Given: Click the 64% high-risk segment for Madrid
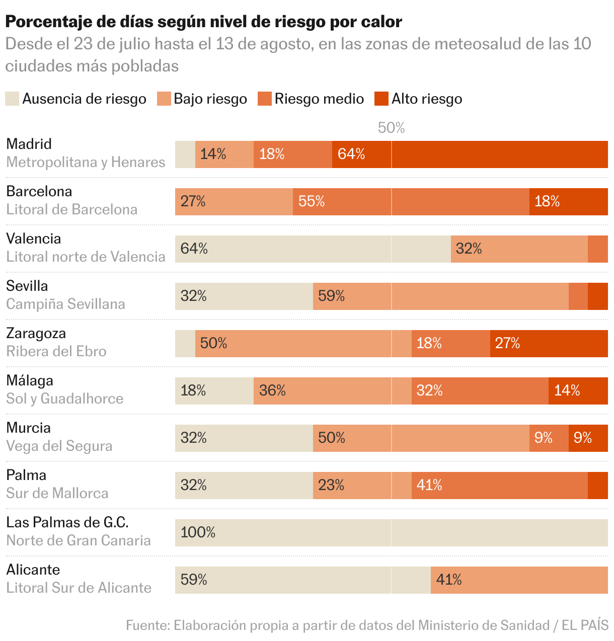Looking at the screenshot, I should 470,154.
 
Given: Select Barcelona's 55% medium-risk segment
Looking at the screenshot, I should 411,202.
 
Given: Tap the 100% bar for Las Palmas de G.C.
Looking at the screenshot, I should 391,533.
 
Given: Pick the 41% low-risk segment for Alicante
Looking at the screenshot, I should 519,580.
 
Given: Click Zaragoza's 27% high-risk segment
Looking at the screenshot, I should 549,344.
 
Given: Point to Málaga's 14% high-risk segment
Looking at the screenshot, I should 578,391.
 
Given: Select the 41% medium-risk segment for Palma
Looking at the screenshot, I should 499,486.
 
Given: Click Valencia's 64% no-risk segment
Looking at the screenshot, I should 313,249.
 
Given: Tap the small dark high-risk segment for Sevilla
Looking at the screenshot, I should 597,296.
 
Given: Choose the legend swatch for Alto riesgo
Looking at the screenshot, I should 381,99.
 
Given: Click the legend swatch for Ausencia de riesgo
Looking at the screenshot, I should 12,99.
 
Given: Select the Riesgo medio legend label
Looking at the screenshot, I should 319,99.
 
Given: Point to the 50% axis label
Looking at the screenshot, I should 391,128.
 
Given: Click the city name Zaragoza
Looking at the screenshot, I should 36,333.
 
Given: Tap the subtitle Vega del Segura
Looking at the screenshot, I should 59,446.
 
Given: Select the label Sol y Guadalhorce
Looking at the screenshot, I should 64,398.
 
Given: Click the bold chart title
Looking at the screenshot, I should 203,22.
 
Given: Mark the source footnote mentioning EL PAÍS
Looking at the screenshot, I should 367,625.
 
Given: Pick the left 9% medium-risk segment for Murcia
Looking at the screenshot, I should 549,438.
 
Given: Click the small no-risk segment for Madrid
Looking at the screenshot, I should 185,154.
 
